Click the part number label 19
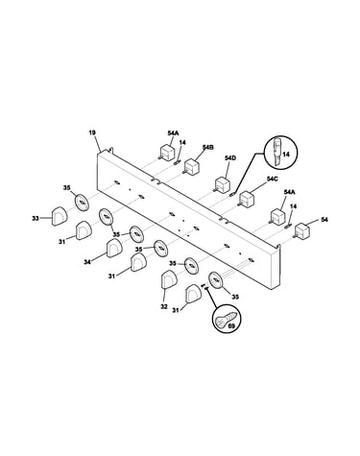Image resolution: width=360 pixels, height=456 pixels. click(92, 132)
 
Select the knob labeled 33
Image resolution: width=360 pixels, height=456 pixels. click(60, 216)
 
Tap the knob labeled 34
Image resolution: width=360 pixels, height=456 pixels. click(114, 249)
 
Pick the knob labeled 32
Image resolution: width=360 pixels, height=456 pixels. click(168, 279)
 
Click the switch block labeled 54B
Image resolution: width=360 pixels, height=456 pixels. click(192, 166)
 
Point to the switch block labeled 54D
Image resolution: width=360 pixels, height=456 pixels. click(222, 184)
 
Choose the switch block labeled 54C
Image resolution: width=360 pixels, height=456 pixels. click(247, 199)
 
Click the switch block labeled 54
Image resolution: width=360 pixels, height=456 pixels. click(301, 230)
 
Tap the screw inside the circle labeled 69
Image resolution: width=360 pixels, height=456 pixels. click(227, 319)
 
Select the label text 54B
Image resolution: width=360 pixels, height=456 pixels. click(208, 147)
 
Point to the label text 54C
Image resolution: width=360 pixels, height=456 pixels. click(272, 180)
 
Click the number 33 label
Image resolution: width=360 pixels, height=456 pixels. click(36, 219)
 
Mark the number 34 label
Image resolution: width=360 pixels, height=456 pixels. click(87, 262)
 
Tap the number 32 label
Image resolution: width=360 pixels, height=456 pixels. click(164, 306)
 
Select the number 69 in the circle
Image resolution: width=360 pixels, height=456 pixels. click(232, 326)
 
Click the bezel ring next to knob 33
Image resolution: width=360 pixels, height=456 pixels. click(82, 202)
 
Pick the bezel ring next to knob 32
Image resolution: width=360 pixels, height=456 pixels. click(191, 265)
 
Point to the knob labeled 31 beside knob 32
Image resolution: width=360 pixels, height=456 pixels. click(193, 294)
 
